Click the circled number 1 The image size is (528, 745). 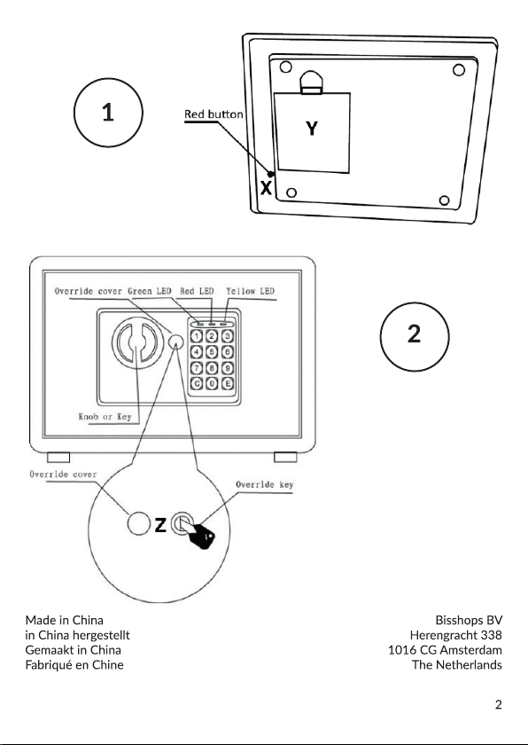coord(108,114)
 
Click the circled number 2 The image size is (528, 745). coord(414,336)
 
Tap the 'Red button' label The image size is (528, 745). coord(214,114)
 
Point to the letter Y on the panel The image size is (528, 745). coord(312,129)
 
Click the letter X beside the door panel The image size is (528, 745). coord(266,188)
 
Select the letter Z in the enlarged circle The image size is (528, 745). coord(161,524)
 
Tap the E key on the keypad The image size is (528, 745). coord(229,383)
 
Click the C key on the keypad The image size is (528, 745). coord(198,383)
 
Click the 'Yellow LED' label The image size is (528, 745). coord(251,291)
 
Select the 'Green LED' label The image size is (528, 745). coord(150,291)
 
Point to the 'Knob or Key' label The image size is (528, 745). coord(105,417)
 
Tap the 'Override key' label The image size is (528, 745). coord(265,484)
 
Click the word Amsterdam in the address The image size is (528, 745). coord(471,649)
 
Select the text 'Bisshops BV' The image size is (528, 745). coord(469,620)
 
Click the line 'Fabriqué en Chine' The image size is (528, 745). coord(74,664)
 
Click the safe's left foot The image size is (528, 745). coord(58,457)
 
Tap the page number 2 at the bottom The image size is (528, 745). coord(498,704)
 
